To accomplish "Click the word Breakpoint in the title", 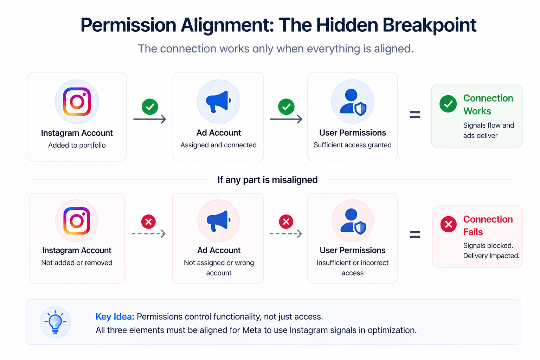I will [x=429, y=25].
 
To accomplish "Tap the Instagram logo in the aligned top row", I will [x=77, y=102].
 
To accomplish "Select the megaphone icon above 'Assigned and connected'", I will [x=218, y=102].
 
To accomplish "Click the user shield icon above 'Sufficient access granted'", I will [x=353, y=102].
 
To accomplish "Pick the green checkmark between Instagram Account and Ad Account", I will [x=150, y=107].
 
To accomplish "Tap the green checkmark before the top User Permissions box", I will [x=286, y=107].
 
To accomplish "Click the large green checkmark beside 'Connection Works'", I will [x=448, y=104].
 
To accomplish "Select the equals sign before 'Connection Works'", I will [x=415, y=115].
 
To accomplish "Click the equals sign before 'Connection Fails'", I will [x=415, y=234].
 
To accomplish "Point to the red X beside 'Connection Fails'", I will [x=449, y=224].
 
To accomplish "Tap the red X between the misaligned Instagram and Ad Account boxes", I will [x=148, y=221].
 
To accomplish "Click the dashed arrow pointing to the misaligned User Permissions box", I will [x=286, y=233].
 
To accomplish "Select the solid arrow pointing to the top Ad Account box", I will [x=149, y=119].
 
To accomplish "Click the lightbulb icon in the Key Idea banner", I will [x=55, y=322].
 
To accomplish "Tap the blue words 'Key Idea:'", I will [x=115, y=317].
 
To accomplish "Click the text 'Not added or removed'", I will [x=77, y=263].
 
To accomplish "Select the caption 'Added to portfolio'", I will [x=77, y=145].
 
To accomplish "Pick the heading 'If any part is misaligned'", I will [x=267, y=180].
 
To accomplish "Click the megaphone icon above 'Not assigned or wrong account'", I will [x=218, y=221].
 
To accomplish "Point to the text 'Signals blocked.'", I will [x=488, y=245].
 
